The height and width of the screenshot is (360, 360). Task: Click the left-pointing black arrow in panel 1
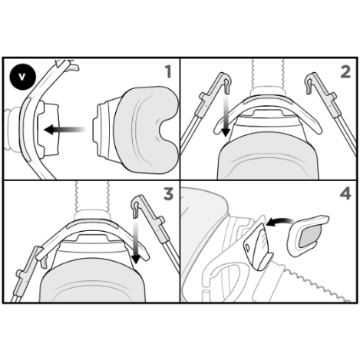coord(62,130)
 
